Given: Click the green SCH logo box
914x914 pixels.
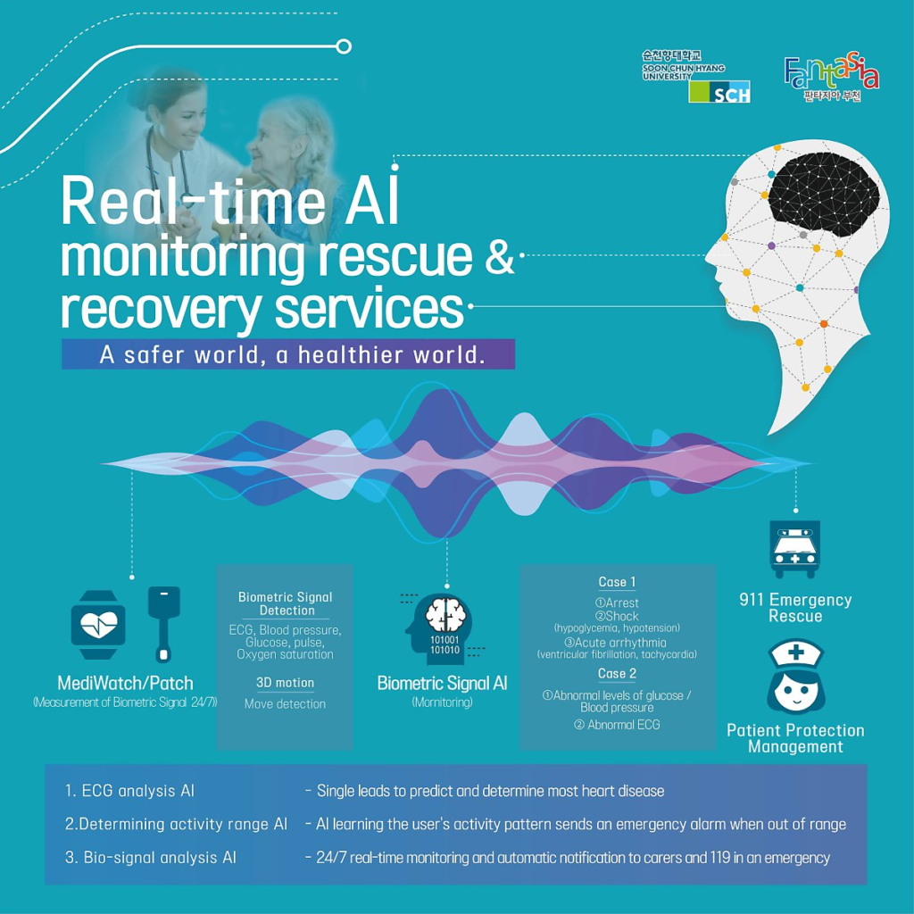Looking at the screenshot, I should point(719,91).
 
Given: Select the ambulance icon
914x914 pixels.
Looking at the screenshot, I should point(794,549).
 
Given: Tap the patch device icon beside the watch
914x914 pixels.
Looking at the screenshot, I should point(163,622).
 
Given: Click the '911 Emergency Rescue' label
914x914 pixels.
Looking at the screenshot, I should point(795,608).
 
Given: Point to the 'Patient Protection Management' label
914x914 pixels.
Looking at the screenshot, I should point(795,738).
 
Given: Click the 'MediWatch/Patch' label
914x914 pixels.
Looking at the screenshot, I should point(125,684).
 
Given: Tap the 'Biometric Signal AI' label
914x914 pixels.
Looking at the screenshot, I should point(442,684).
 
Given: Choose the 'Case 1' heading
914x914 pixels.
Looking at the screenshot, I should point(617,582).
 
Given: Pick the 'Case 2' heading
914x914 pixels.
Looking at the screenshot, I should point(617,673).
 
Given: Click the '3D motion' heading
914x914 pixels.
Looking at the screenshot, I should point(285,683).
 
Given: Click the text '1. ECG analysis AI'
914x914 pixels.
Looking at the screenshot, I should point(129,791).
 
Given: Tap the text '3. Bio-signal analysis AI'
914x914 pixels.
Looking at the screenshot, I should point(150,858).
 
